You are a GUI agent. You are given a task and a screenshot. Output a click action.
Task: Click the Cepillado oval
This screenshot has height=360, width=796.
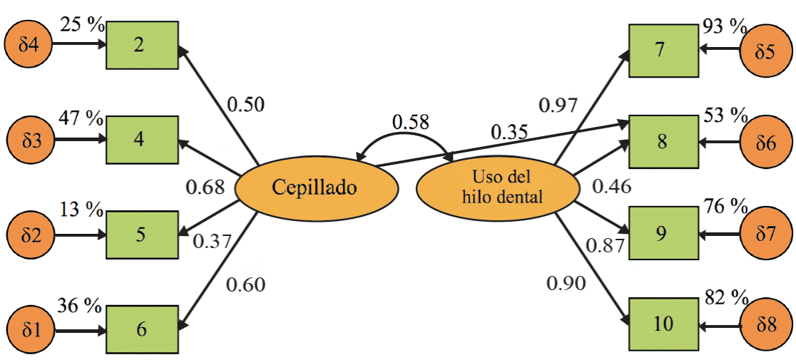coord(315,187)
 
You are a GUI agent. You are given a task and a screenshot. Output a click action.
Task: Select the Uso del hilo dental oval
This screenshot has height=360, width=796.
coord(496,187)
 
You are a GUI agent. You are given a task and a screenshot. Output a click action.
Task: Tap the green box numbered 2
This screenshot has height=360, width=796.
coord(142,45)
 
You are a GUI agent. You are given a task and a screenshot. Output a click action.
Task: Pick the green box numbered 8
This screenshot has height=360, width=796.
coord(663,141)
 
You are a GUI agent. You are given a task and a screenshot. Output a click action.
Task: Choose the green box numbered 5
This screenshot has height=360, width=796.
coord(142,234)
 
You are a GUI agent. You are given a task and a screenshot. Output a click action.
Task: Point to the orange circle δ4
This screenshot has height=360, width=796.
coord(29,46)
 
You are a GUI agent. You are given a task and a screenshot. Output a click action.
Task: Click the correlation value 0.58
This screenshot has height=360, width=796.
coord(410,122)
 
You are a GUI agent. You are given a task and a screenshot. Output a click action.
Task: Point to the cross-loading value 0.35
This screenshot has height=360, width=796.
coord(509,132)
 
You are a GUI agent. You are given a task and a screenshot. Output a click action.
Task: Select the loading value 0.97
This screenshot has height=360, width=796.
coord(558,105)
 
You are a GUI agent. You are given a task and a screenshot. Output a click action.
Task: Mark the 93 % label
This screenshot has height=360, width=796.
coord(723,28)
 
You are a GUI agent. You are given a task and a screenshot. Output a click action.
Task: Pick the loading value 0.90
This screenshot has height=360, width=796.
coord(566,283)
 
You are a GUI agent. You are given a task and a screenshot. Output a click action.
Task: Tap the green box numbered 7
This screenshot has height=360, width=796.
coord(663,50)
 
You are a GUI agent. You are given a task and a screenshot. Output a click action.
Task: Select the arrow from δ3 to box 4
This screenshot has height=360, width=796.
coord(79,140)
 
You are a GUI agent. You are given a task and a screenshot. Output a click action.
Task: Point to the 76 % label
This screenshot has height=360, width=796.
coord(723,207)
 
